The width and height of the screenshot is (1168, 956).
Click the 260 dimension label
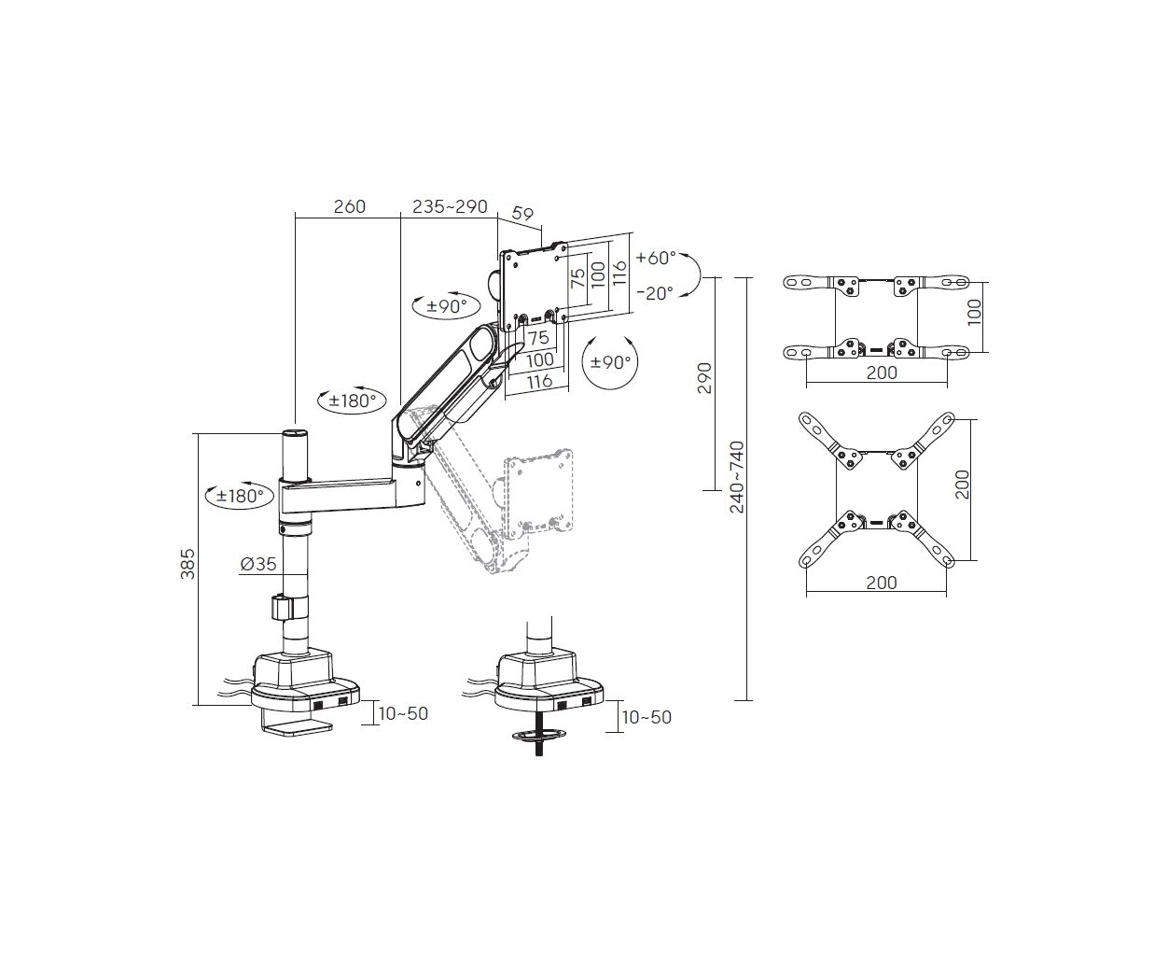coord(350,206)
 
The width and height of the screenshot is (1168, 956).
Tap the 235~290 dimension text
coord(450,206)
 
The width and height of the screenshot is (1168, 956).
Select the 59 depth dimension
coord(522,214)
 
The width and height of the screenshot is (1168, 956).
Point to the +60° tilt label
coord(656,258)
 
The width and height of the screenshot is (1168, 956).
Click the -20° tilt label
coord(655,293)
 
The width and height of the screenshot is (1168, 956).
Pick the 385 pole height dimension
coord(188,564)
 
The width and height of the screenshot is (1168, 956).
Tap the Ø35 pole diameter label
coord(258,564)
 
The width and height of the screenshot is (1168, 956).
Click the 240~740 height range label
coord(737,477)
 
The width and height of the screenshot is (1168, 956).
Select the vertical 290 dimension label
coord(704,378)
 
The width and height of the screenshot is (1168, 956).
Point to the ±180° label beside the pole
coord(239,496)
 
